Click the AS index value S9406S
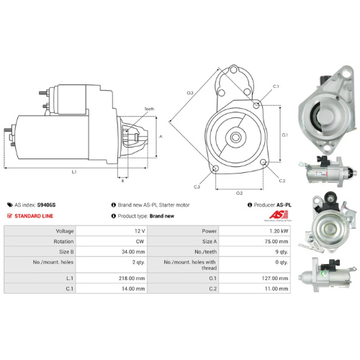(46, 204)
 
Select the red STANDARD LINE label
(35, 215)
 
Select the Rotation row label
(42, 242)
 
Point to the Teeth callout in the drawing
(148, 109)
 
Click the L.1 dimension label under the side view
(75, 171)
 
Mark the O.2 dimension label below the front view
(239, 193)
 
